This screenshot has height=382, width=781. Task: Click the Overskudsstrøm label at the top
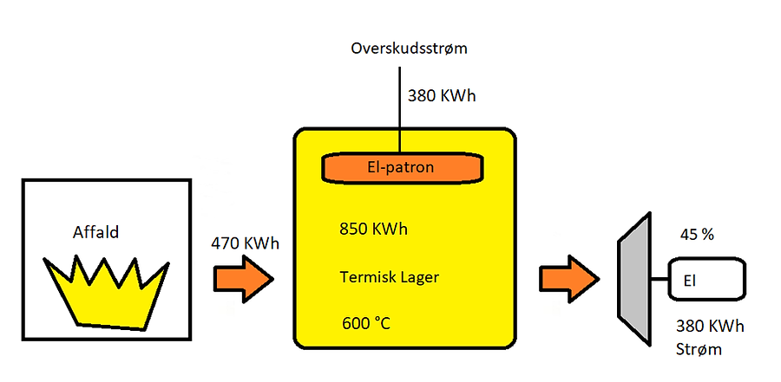click(410, 49)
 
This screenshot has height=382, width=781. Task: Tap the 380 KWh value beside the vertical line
click(442, 94)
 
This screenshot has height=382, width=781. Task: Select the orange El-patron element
click(403, 168)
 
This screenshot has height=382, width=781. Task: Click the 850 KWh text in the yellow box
click(373, 230)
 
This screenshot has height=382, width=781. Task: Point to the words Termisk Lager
click(389, 278)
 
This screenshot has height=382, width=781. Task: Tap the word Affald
click(95, 232)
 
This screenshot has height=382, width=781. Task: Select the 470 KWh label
click(246, 243)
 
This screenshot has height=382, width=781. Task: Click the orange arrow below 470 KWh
click(244, 278)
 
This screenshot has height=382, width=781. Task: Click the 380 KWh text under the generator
click(709, 327)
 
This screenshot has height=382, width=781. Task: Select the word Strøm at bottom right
click(698, 350)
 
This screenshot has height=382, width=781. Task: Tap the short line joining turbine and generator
click(659, 279)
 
